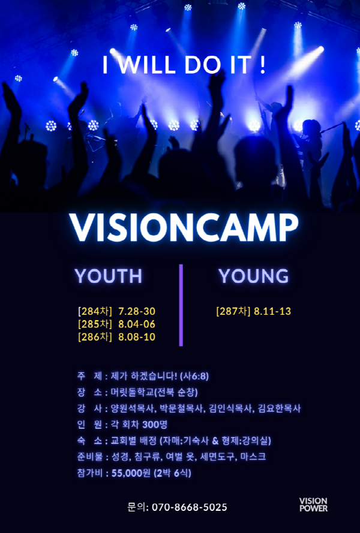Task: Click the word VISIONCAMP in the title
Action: [x=184, y=227]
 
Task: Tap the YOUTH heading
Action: [x=109, y=276]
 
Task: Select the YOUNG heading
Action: [x=253, y=276]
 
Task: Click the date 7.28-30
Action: [x=137, y=311]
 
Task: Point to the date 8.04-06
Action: [x=137, y=324]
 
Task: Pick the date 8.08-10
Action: [x=137, y=337]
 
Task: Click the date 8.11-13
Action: [x=272, y=311]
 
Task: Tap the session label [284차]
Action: [x=95, y=311]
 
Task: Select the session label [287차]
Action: [x=233, y=311]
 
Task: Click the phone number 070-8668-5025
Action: [x=190, y=507]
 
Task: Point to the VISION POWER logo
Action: [x=313, y=505]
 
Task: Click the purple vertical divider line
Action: [x=181, y=305]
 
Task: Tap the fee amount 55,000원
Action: [x=131, y=473]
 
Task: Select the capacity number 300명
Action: [x=155, y=424]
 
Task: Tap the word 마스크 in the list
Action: [x=253, y=456]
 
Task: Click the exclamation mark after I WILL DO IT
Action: [x=262, y=65]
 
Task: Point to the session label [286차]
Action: [x=95, y=337]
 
